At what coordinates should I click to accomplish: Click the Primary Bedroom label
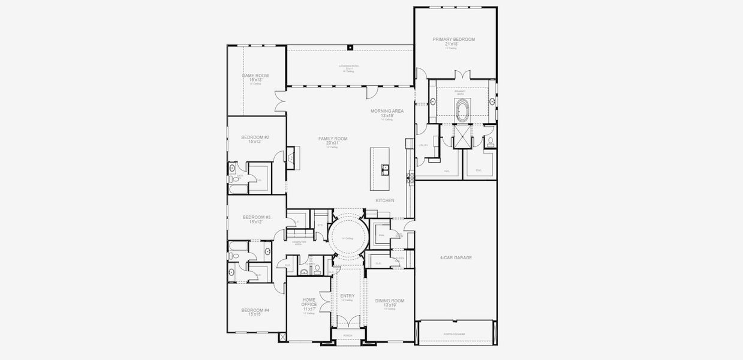pos(454,41)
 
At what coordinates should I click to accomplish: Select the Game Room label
pos(255,77)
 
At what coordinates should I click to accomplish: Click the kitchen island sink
pos(384,169)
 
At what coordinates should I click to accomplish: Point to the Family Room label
pos(333,141)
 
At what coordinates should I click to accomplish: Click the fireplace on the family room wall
pos(291,158)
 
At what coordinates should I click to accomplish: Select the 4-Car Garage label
pos(456,257)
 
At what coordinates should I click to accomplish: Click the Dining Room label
pos(390,302)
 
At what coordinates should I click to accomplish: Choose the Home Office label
pos(309,302)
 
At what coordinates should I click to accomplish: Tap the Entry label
pos(347,296)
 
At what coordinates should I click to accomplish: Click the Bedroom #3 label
pos(256,219)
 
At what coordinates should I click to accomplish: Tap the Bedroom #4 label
pos(255,312)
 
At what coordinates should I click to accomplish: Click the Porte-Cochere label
pos(454,334)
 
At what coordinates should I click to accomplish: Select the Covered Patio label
pos(349,67)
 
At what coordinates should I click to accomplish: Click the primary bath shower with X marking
pos(462,136)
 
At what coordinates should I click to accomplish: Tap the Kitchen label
pos(385,200)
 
